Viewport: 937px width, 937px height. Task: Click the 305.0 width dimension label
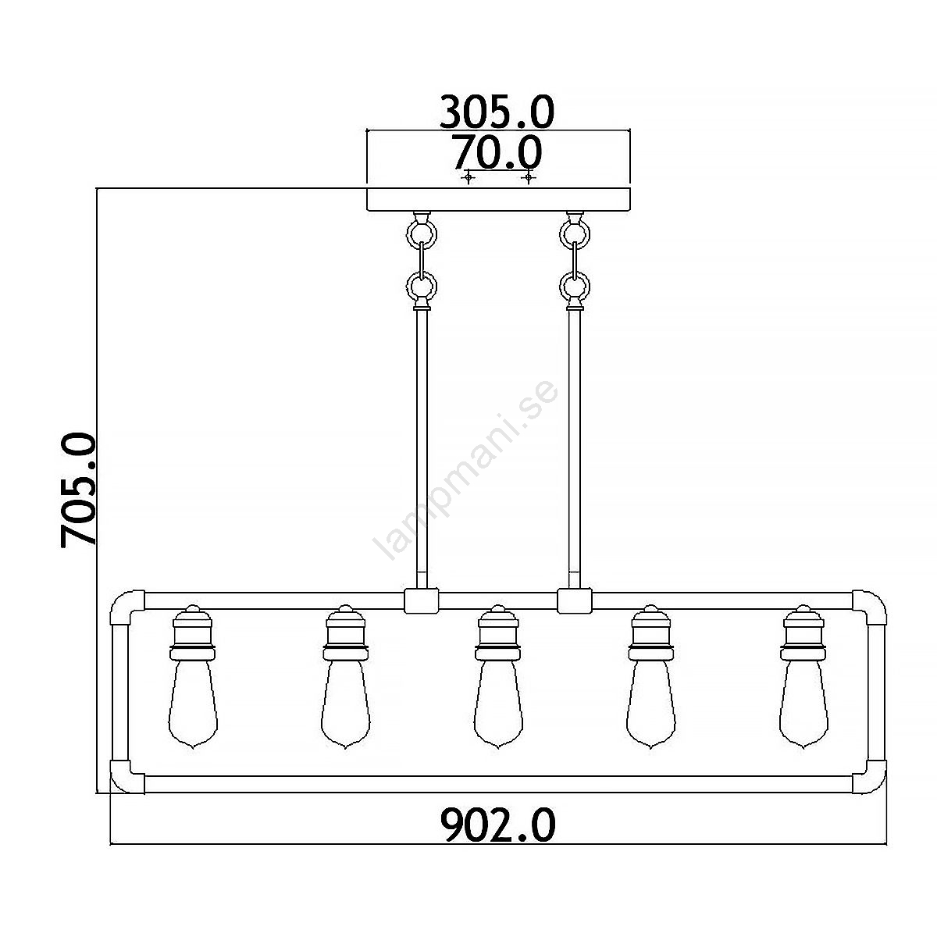click(x=497, y=112)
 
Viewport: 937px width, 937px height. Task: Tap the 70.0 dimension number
click(x=497, y=152)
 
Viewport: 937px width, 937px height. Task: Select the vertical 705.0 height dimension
click(x=78, y=490)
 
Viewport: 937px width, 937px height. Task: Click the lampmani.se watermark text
click(x=465, y=470)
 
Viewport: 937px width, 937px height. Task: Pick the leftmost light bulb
click(x=193, y=704)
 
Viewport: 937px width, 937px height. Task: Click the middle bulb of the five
click(x=498, y=704)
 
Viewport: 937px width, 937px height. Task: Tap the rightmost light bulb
click(x=803, y=704)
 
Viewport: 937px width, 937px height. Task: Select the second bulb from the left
click(x=345, y=704)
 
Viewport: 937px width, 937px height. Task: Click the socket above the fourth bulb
click(x=650, y=632)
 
